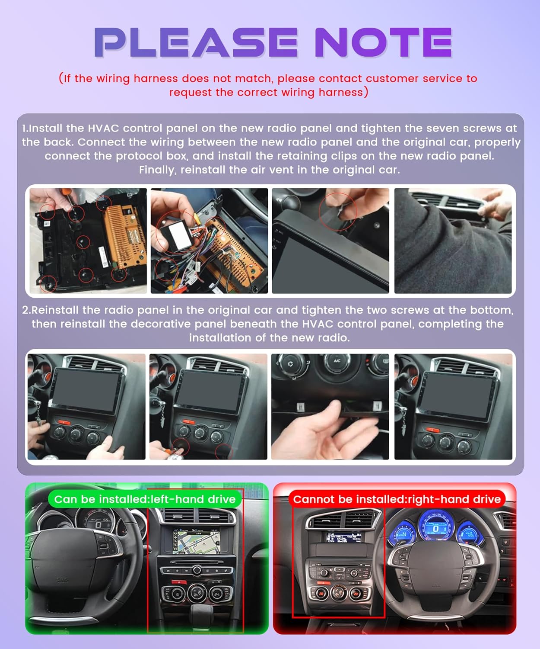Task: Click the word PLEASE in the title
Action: (x=196, y=42)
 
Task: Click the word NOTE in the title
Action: (x=383, y=42)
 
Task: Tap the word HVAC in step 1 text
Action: (x=103, y=128)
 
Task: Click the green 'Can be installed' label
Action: (x=145, y=499)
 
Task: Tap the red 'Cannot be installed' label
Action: (x=397, y=499)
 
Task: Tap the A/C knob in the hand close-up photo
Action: (x=337, y=362)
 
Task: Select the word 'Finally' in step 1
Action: (x=157, y=170)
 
